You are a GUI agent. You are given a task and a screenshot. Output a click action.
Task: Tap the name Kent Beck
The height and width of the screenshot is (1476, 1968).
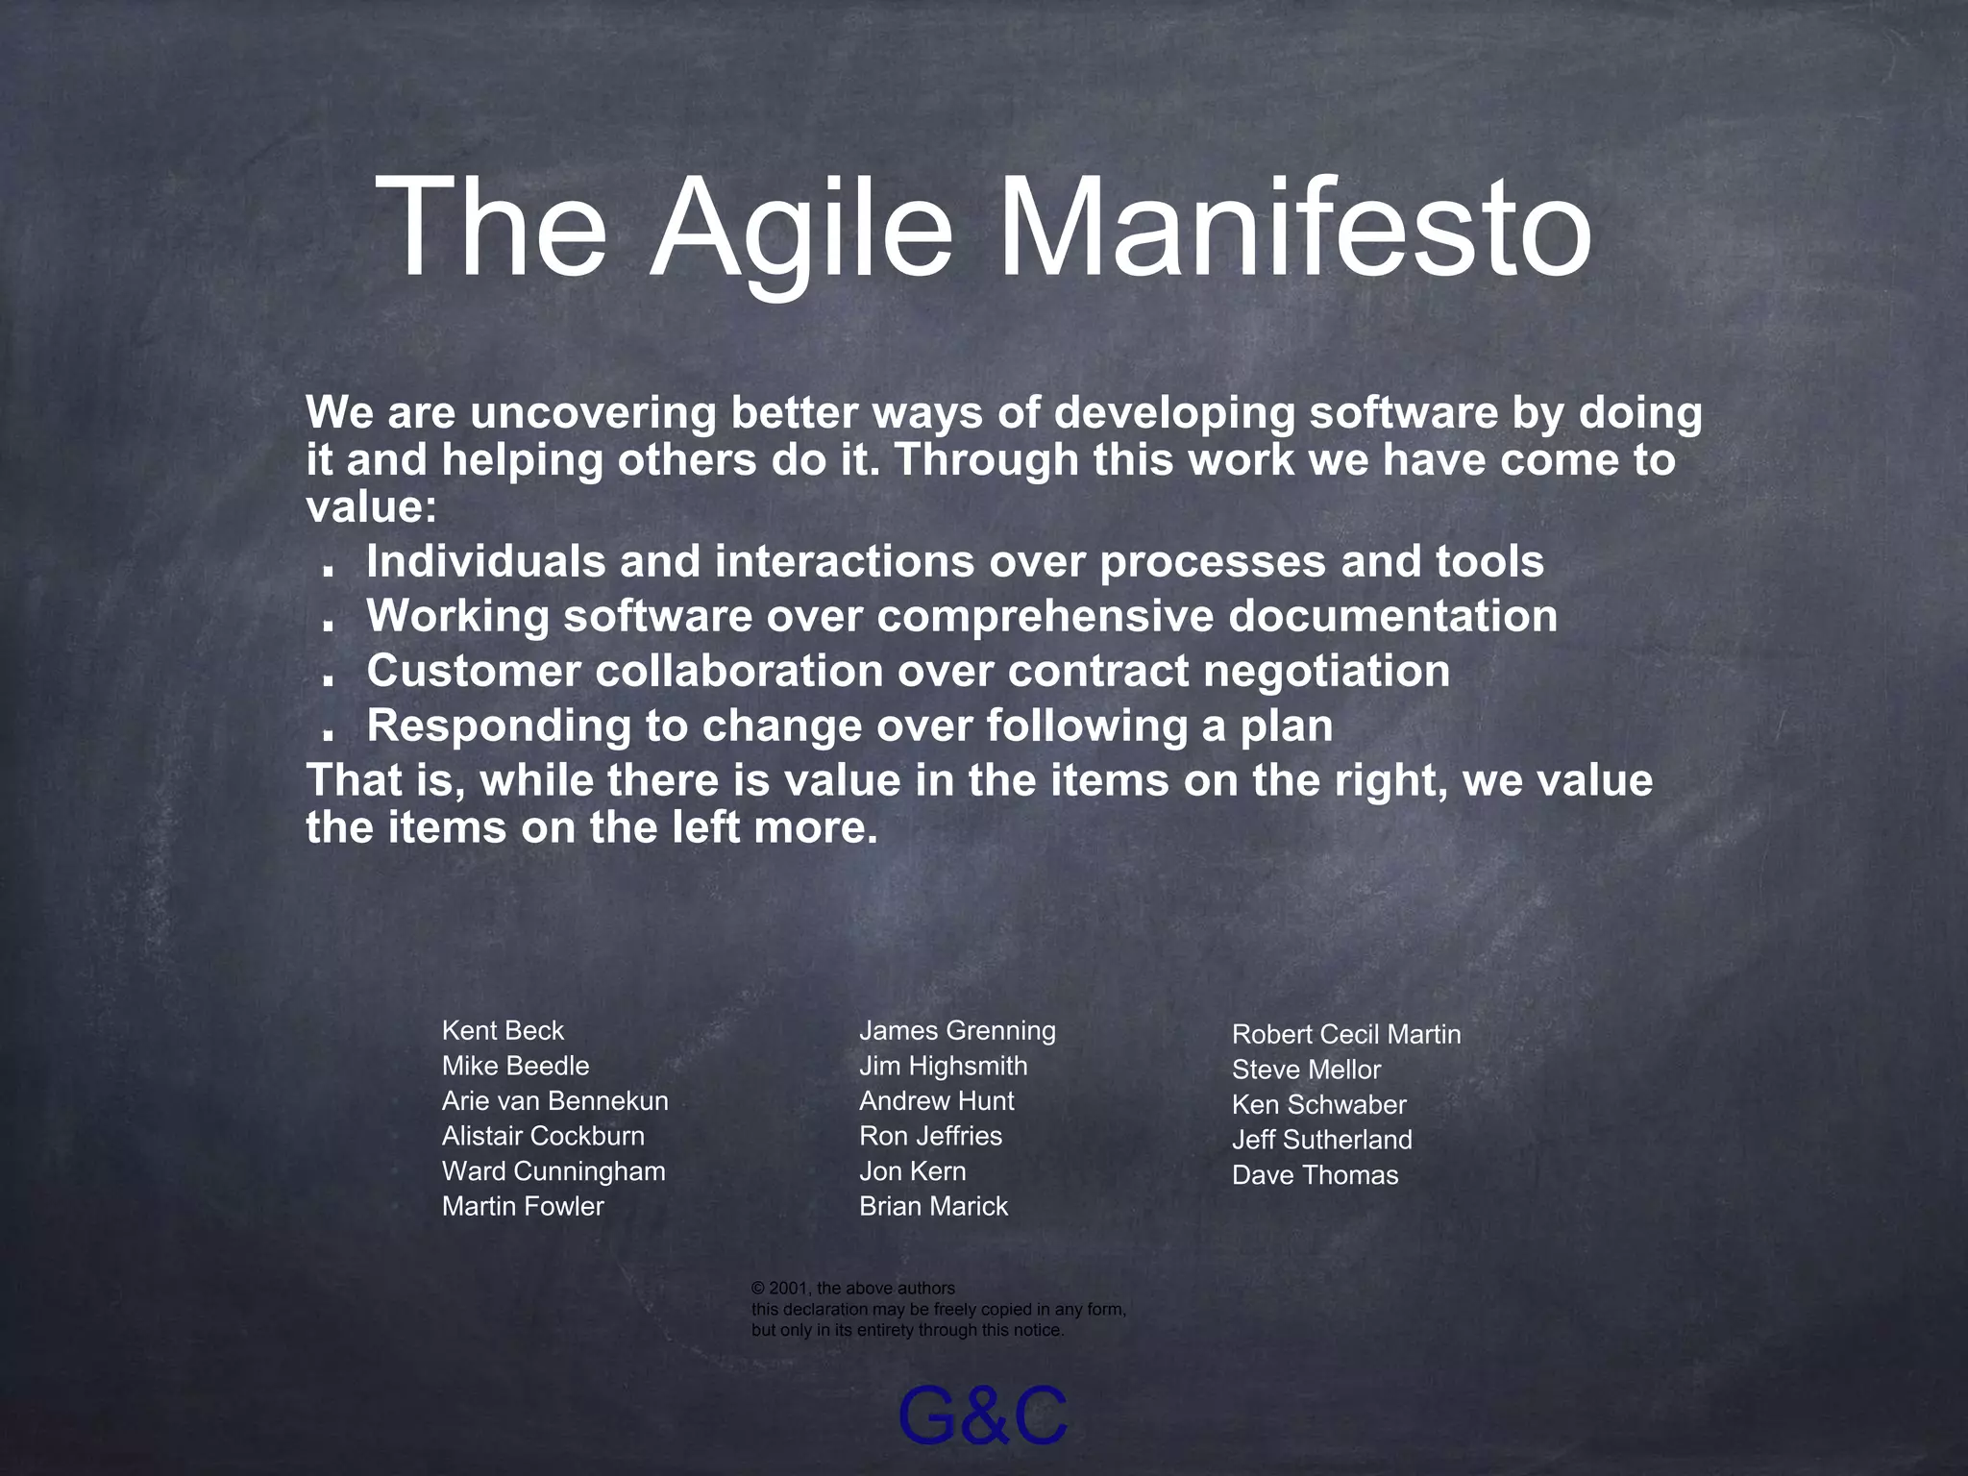point(503,1030)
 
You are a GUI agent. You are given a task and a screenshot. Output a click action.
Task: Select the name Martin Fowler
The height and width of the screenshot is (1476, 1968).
point(523,1206)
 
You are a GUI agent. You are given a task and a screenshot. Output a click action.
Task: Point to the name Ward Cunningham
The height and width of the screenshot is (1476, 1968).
point(553,1170)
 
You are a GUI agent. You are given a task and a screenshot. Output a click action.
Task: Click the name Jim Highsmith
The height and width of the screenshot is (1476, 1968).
point(943,1066)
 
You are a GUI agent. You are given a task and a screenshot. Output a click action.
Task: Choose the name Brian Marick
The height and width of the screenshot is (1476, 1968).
point(933,1206)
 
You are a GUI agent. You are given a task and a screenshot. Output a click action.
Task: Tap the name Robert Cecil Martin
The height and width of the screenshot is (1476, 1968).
point(1345,1034)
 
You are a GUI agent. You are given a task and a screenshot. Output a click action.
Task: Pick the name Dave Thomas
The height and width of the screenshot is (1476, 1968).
point(1315,1174)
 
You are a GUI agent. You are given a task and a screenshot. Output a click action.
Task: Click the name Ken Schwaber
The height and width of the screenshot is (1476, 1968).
point(1318,1104)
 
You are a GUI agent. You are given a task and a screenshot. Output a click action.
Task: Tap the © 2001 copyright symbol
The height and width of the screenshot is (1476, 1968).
point(757,1289)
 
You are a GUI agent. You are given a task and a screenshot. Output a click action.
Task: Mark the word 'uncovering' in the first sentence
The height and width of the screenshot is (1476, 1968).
point(593,413)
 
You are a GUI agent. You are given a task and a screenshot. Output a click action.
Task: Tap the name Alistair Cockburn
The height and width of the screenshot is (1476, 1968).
point(543,1136)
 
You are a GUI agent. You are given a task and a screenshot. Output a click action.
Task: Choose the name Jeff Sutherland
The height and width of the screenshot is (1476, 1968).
point(1321,1140)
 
